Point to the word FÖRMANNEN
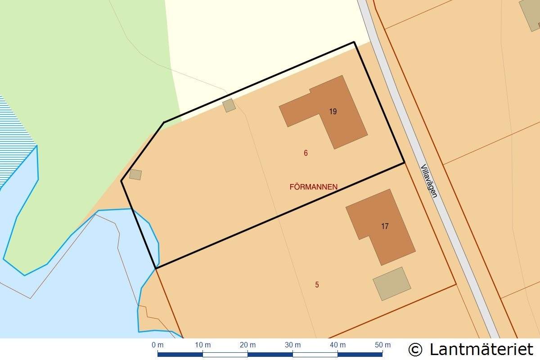pyautogui.click(x=314, y=187)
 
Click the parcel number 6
pyautogui.click(x=306, y=153)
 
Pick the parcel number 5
pyautogui.click(x=317, y=284)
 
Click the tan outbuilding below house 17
pyautogui.click(x=392, y=283)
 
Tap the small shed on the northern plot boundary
pyautogui.click(x=229, y=105)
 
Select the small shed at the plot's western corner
pyautogui.click(x=135, y=175)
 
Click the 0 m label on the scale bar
pyautogui.click(x=157, y=345)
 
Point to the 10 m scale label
pyautogui.click(x=202, y=345)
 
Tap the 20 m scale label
pyautogui.click(x=247, y=345)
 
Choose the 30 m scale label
pyautogui.click(x=292, y=345)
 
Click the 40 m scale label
pyautogui.click(x=337, y=345)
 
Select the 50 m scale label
pyautogui.click(x=382, y=345)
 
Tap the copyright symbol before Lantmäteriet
pyautogui.click(x=416, y=350)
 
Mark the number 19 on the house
pyautogui.click(x=333, y=112)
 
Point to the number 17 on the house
pyautogui.click(x=385, y=226)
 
